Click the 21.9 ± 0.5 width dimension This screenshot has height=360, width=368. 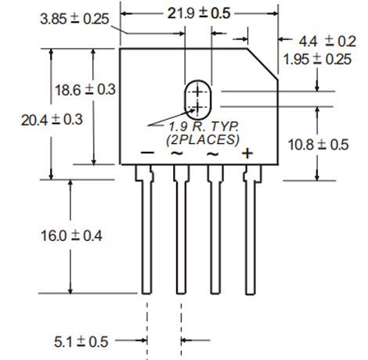199,13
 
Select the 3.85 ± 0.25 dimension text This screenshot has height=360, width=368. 74,19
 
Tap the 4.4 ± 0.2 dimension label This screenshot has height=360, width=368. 327,41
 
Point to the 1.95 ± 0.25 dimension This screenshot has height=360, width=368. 317,59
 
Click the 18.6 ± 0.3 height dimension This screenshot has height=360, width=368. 85,90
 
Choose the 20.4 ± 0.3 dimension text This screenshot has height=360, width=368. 52,120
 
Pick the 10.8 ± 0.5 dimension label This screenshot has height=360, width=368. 318,145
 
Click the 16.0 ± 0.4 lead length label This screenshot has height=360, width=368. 71,236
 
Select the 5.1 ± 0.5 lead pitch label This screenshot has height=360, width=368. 81,342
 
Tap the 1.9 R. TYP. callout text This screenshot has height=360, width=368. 204,127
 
